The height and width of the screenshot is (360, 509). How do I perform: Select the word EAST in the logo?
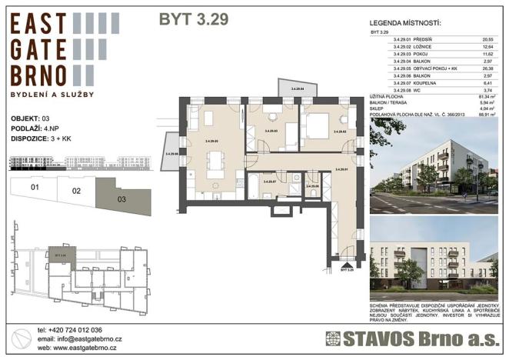point(39,26)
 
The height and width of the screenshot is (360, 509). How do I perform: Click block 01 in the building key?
point(34,187)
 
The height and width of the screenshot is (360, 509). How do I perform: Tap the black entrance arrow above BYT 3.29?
point(347,263)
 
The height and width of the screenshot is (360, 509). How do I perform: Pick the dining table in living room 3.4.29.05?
point(216,160)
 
